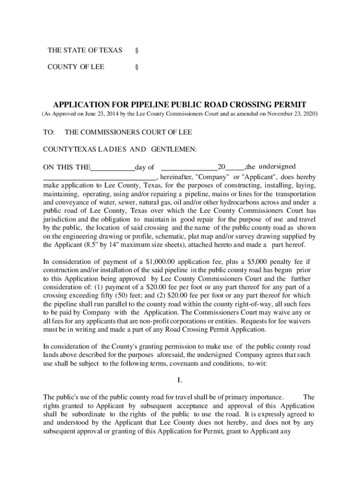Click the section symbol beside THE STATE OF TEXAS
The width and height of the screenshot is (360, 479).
point(137,50)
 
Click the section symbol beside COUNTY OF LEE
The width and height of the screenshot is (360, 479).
point(137,67)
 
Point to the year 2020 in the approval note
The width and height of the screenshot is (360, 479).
point(308,114)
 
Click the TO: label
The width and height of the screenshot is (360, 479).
point(49,132)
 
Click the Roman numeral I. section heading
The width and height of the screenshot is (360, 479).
point(180,380)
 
